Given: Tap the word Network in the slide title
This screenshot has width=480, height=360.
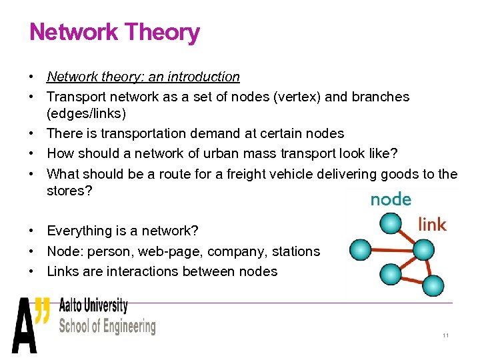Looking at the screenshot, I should pyautogui.click(x=74, y=32).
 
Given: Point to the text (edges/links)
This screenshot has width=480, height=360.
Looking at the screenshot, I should pyautogui.click(x=87, y=114).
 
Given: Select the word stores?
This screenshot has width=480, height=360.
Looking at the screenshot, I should pyautogui.click(x=69, y=191).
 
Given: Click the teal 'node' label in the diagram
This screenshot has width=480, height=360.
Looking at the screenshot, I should pyautogui.click(x=391, y=199).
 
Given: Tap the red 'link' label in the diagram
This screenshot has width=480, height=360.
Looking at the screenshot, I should pyautogui.click(x=432, y=224).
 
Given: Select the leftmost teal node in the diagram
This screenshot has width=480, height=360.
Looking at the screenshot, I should pyautogui.click(x=361, y=249).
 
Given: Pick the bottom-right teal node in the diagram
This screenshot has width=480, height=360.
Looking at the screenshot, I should pyautogui.click(x=433, y=285).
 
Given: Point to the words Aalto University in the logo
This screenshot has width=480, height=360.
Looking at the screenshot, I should pyautogui.click(x=93, y=306).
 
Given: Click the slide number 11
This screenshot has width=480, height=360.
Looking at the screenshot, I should pyautogui.click(x=445, y=335).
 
